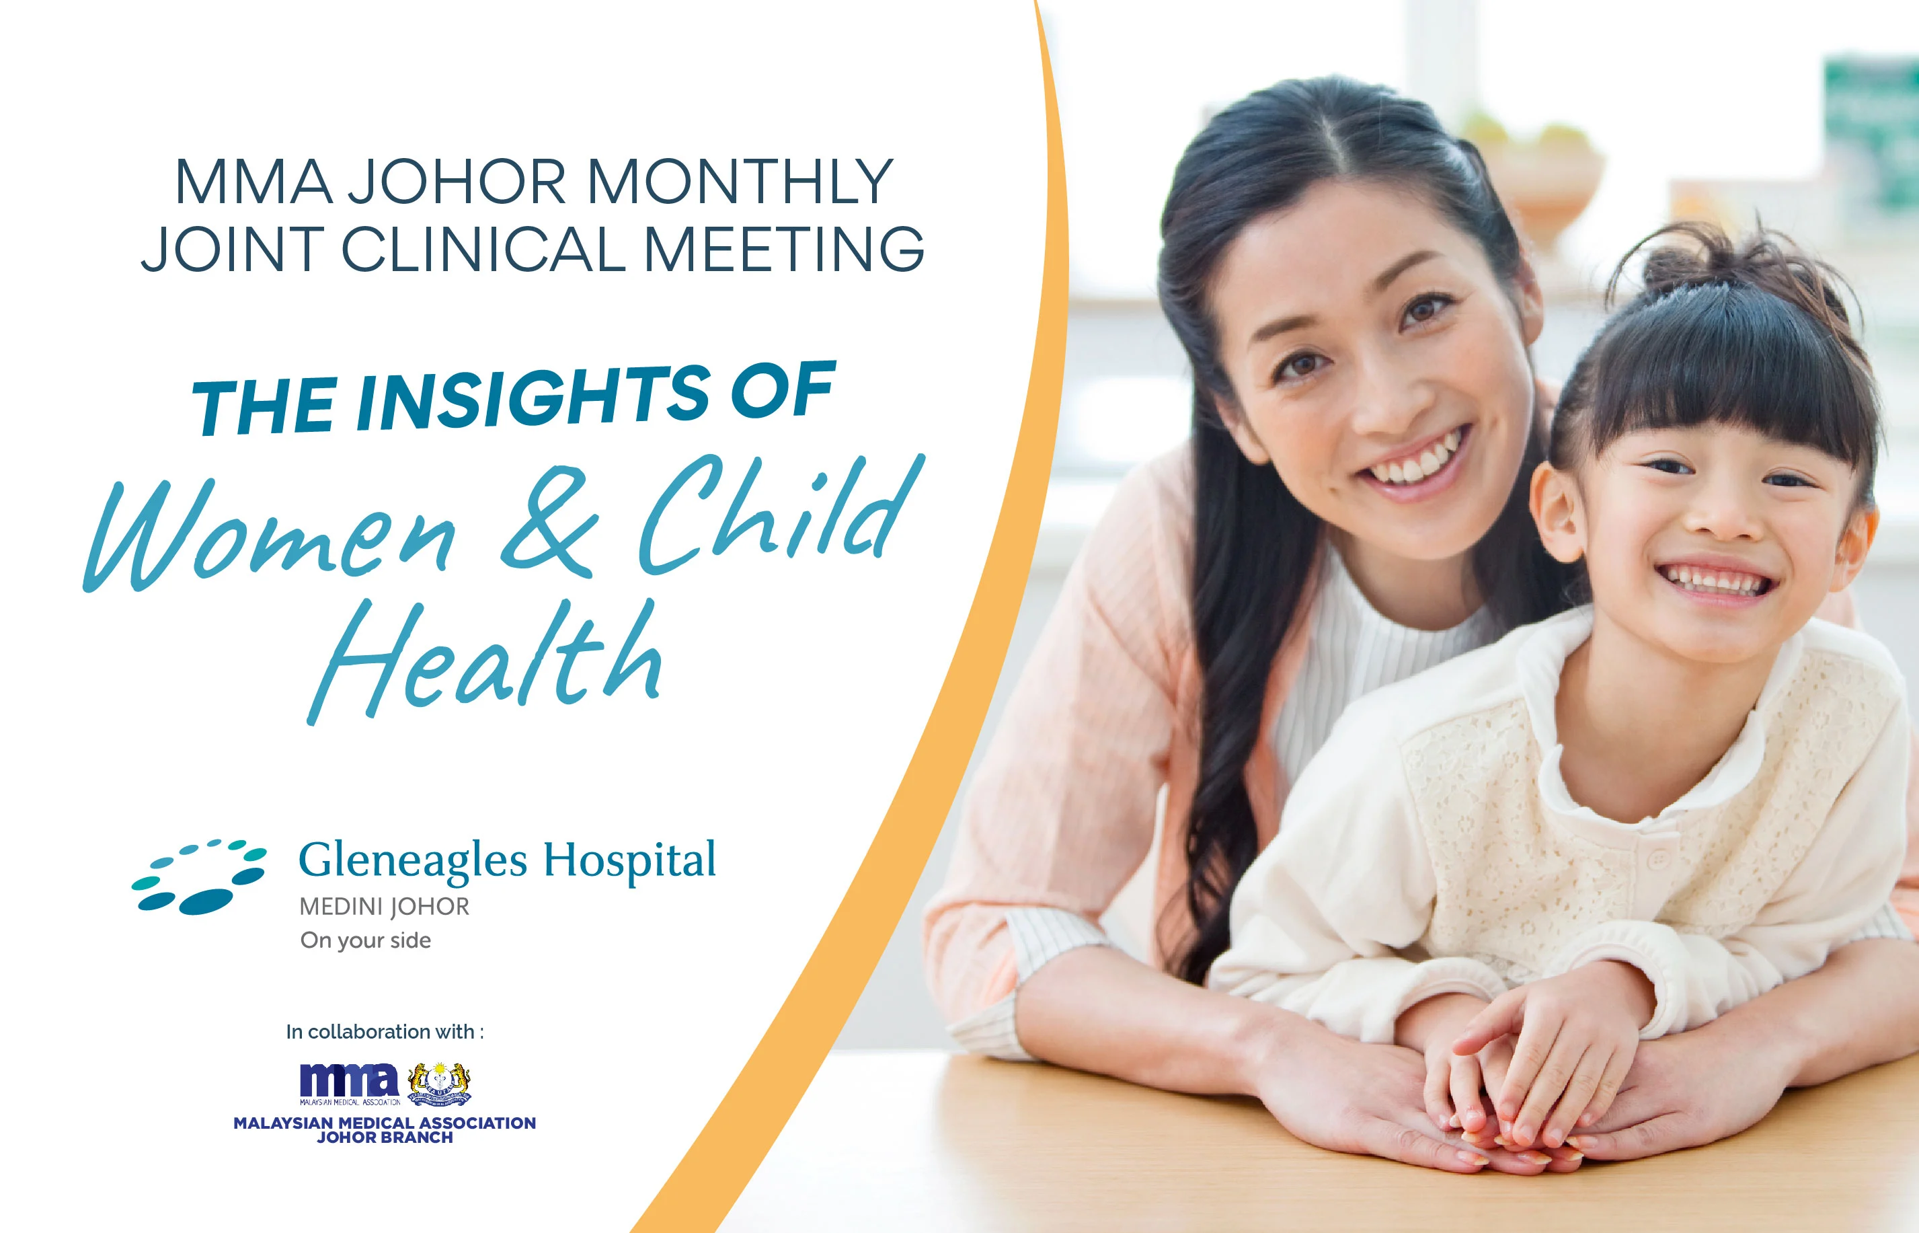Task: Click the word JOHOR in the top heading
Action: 456,182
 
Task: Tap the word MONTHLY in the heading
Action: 740,182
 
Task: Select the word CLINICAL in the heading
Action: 484,249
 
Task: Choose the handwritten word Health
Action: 485,661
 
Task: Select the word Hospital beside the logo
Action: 630,861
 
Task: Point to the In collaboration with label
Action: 385,1032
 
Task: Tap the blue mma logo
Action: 350,1083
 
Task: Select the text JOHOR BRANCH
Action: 385,1137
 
